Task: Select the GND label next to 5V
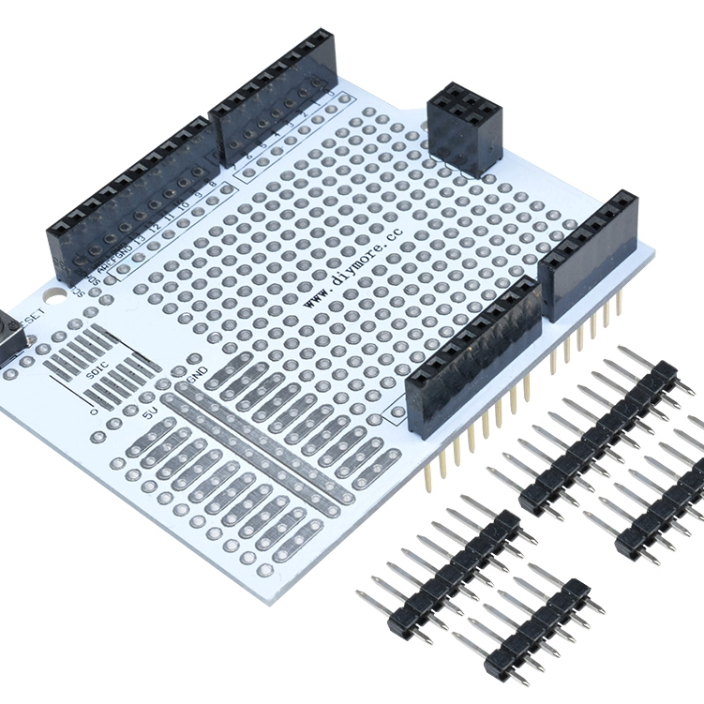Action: click(197, 374)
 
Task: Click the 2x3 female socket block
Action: click(464, 128)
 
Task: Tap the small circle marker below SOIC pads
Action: click(92, 411)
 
